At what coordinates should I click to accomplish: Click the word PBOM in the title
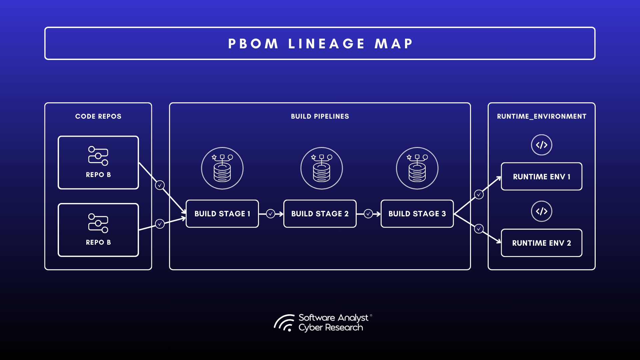point(253,44)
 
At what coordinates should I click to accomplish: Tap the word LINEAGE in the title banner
point(327,44)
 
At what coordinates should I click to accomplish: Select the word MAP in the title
point(394,44)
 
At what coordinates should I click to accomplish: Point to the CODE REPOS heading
point(98,116)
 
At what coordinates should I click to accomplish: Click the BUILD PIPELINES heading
point(320,116)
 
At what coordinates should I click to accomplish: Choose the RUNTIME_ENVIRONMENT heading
point(541,116)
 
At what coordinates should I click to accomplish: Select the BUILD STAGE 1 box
point(222,214)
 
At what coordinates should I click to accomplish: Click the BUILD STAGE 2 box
point(320,214)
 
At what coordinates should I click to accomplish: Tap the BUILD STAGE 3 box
point(417,214)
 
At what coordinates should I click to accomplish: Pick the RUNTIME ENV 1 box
point(541,177)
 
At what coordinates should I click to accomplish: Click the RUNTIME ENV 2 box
point(541,243)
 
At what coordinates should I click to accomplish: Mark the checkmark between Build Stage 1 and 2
point(271,214)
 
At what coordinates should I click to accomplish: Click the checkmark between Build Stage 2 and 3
point(368,214)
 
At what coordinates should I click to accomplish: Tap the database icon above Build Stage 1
point(222,168)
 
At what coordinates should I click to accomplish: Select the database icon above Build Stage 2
point(322,168)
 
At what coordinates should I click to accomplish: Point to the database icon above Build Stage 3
point(417,168)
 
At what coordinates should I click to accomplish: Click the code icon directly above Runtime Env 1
point(541,145)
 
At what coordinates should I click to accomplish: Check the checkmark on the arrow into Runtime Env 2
point(479,229)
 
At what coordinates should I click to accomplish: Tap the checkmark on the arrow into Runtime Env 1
point(479,194)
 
